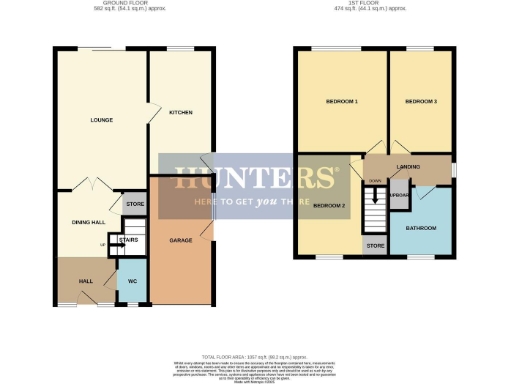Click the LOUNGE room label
[100, 122]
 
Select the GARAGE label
[180, 241]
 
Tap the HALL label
[87, 281]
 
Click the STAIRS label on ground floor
[128, 240]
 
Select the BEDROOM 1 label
[341, 102]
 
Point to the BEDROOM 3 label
[421, 102]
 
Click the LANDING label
[408, 167]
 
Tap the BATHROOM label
[421, 228]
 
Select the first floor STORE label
[375, 245]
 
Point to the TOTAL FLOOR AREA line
[254, 357]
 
